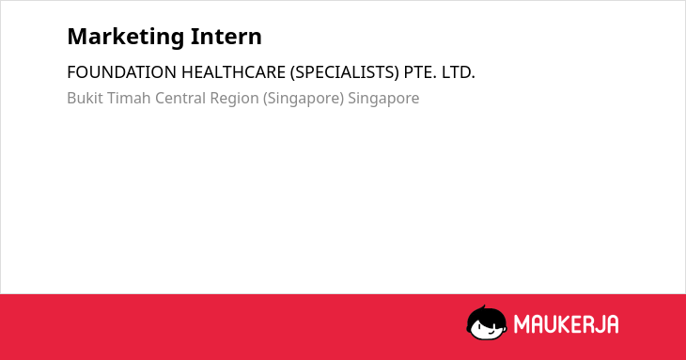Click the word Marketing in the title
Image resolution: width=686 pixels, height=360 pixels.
click(126, 38)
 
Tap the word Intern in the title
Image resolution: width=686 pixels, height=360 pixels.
click(226, 37)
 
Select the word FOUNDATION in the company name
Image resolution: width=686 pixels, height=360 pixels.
click(121, 72)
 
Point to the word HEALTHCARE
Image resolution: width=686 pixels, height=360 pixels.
click(233, 72)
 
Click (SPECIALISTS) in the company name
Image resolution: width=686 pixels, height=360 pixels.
click(345, 72)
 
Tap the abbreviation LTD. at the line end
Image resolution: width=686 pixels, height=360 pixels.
click(458, 72)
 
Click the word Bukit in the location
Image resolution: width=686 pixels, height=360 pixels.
click(85, 98)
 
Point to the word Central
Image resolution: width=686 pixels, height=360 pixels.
click(180, 98)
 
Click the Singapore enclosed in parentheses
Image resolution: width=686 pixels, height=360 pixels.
click(304, 99)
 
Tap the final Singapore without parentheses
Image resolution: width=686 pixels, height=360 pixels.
click(383, 99)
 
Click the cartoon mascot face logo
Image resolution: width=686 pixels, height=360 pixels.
click(486, 322)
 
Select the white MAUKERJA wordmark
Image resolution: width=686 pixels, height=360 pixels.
click(566, 324)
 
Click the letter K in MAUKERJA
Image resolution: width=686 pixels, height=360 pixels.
click(566, 324)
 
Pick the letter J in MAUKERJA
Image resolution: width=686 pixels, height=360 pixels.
click(598, 324)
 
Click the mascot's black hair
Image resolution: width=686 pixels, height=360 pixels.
click(486, 314)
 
